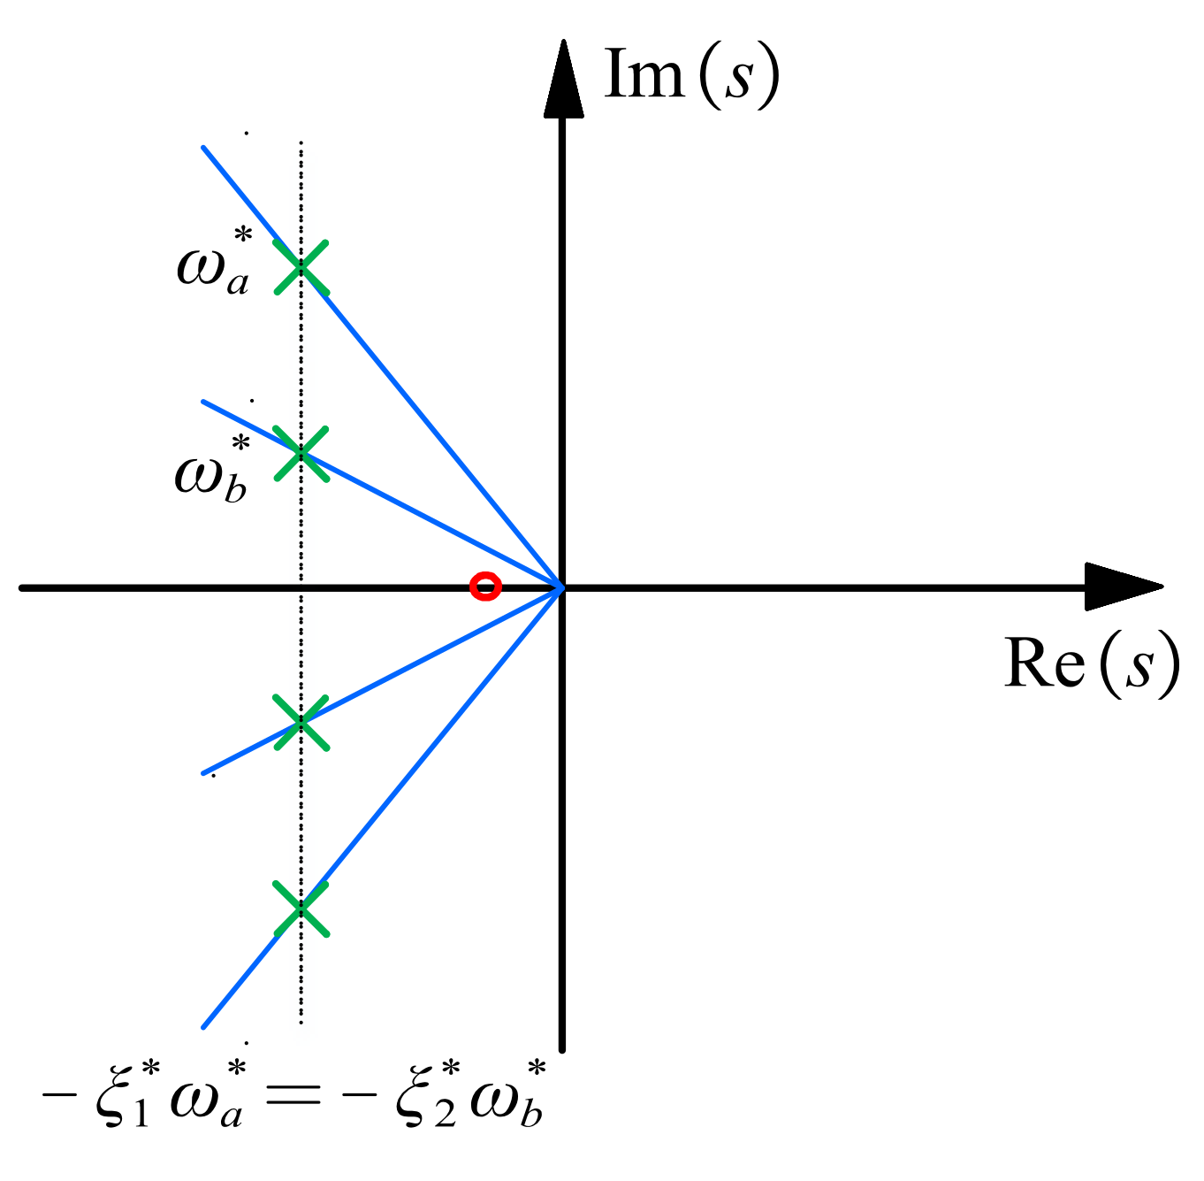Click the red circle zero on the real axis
pyautogui.click(x=485, y=587)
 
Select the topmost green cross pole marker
pyautogui.click(x=301, y=267)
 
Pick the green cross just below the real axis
pyautogui.click(x=301, y=723)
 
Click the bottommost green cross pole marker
pyautogui.click(x=301, y=909)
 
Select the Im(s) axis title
pyautogui.click(x=690, y=75)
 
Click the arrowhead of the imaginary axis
pyautogui.click(x=562, y=75)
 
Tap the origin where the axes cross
pyautogui.click(x=562, y=587)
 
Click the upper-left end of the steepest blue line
pyautogui.click(x=204, y=148)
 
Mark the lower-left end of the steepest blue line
pyautogui.click(x=204, y=1027)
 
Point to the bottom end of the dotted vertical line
pyautogui.click(x=301, y=1022)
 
